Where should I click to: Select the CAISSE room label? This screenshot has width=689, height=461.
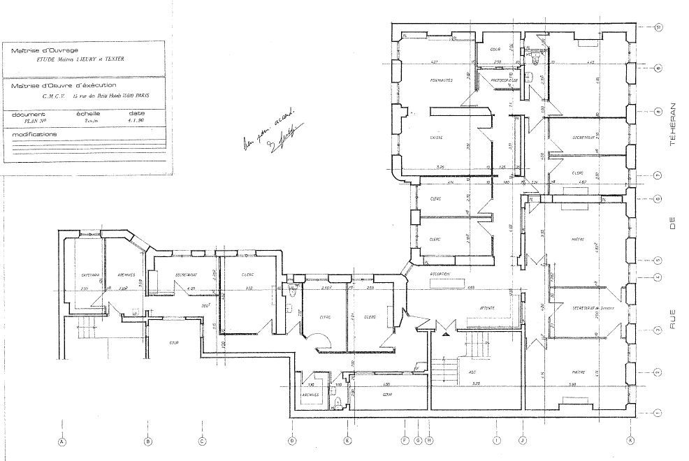[439, 137]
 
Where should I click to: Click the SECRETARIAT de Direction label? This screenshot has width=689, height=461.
[591, 308]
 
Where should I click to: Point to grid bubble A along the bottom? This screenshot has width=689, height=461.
[62, 441]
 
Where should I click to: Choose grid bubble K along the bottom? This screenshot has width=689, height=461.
[631, 441]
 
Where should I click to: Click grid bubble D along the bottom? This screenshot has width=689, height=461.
[292, 441]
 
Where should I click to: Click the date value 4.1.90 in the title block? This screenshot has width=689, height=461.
[137, 120]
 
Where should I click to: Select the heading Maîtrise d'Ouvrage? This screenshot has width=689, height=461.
[41, 51]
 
